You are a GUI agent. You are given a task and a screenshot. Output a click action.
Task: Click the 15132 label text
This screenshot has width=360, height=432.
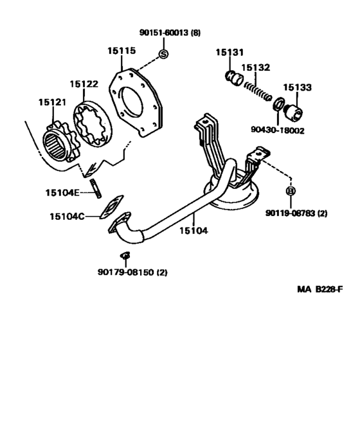click(255, 67)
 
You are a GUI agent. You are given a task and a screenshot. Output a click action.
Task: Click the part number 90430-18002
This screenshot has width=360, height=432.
click(278, 130)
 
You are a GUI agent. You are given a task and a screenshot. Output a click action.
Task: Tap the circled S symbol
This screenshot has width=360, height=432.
click(163, 53)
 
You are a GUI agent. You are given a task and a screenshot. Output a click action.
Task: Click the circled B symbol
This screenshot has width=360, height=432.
click(290, 191)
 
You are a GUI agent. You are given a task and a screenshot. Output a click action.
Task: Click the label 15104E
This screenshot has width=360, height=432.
click(62, 192)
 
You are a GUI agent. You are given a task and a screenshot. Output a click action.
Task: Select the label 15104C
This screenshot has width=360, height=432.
click(67, 217)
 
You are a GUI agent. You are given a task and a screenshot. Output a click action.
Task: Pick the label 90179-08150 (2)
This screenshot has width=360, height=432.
click(128, 272)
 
